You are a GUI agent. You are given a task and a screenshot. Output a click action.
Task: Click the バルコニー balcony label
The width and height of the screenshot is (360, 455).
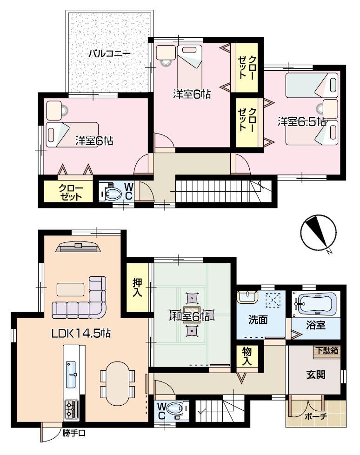pyautogui.click(x=110, y=54)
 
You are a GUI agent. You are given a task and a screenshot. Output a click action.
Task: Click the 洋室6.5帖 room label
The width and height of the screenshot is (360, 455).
pyautogui.click(x=301, y=121)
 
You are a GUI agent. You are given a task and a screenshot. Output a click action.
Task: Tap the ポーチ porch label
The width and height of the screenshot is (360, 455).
pyautogui.click(x=316, y=416)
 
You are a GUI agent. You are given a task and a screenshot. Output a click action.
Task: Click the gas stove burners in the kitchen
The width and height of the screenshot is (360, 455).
pyautogui.click(x=71, y=408)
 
